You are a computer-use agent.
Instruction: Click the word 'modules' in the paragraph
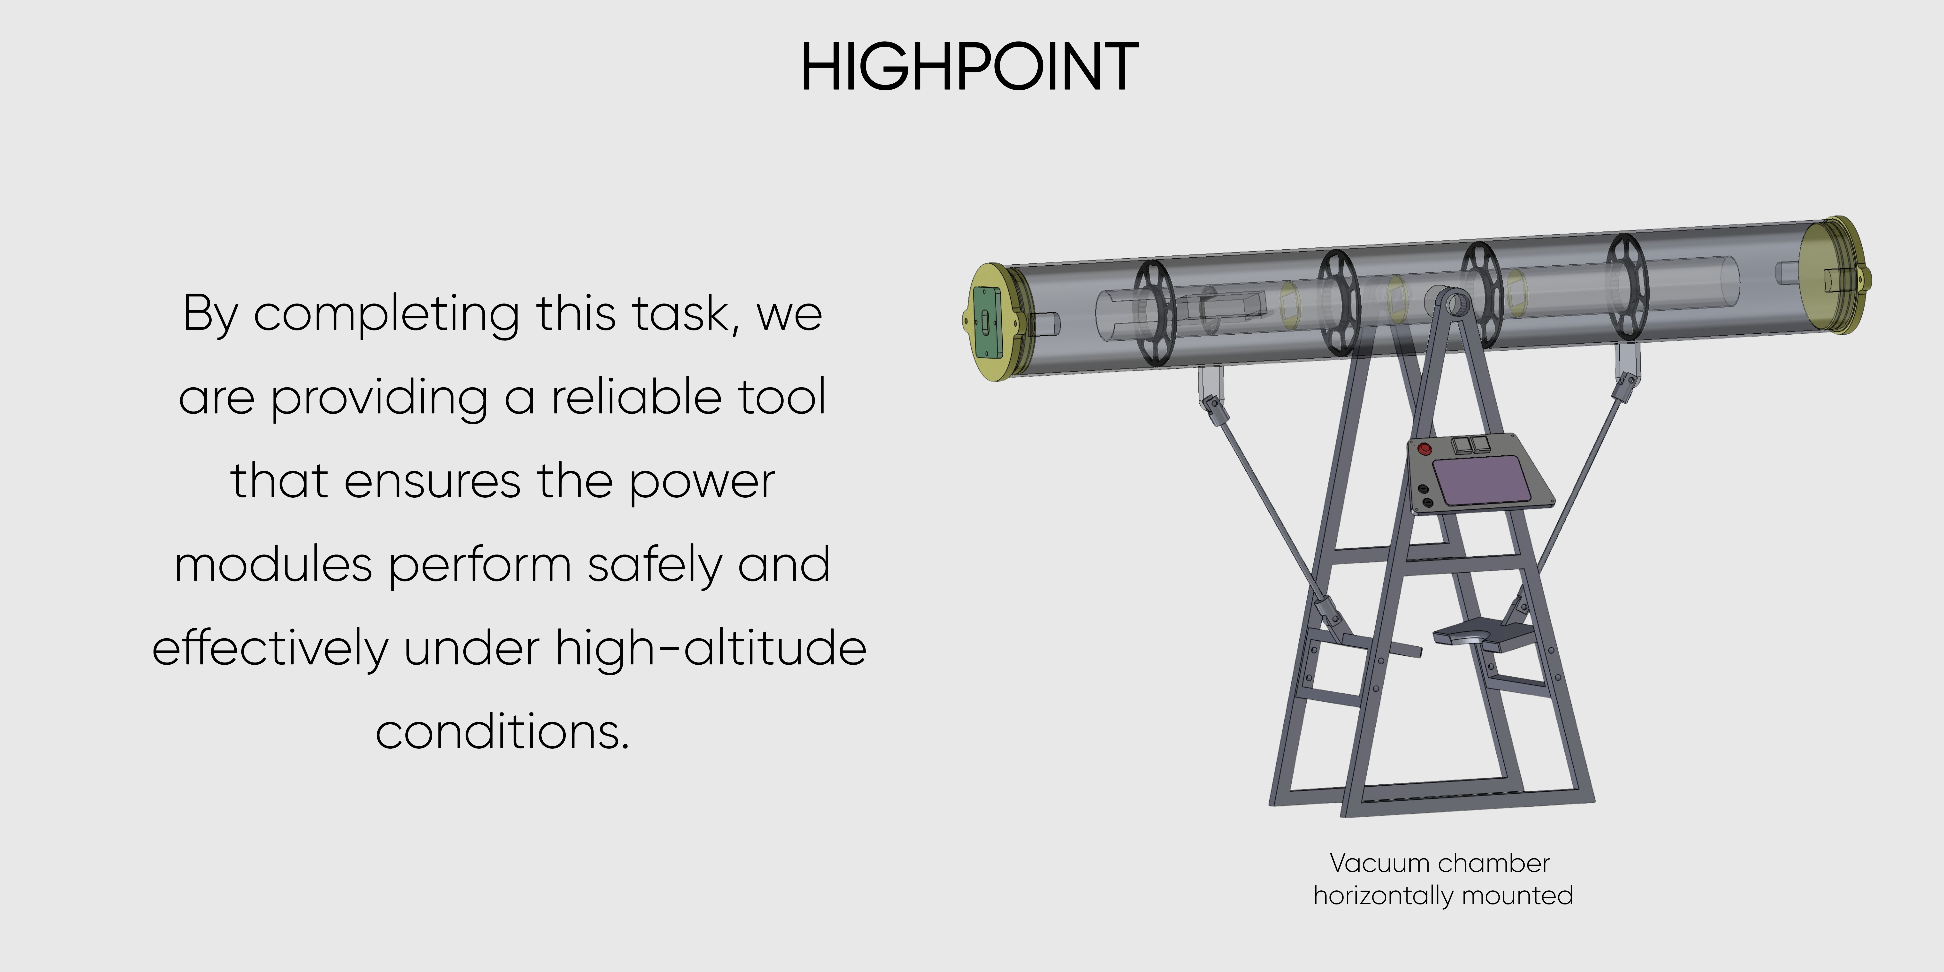tap(273, 565)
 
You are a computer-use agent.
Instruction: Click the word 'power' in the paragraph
tap(702, 481)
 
